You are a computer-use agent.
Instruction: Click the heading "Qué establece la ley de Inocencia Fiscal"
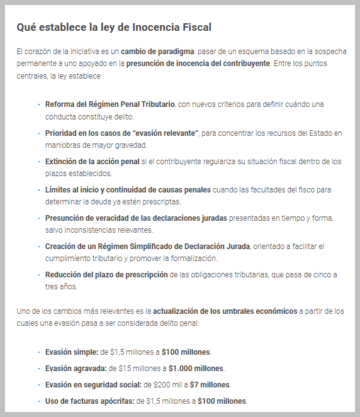point(114,27)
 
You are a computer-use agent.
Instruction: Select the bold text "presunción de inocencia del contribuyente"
point(198,64)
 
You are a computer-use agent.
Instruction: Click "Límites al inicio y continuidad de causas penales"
point(128,189)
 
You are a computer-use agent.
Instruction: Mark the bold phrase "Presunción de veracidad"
point(91,218)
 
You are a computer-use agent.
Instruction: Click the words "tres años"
point(60,286)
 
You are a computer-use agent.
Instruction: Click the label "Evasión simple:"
point(72,352)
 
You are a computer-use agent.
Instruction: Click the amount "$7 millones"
point(211,384)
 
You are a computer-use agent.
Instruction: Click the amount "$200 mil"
point(166,384)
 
